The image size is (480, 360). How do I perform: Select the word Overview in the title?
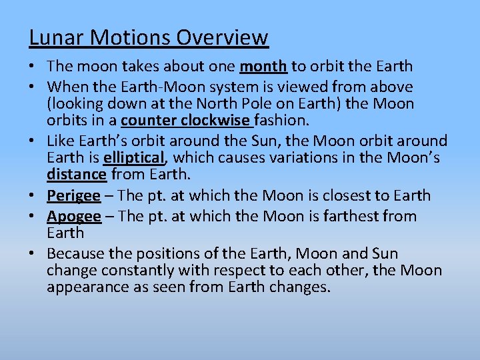tap(222, 37)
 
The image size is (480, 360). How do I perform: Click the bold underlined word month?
tap(263, 67)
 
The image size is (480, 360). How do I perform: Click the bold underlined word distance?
tap(77, 175)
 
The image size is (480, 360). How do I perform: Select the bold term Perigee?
tap(73, 196)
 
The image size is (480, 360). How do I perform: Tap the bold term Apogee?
tap(74, 217)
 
